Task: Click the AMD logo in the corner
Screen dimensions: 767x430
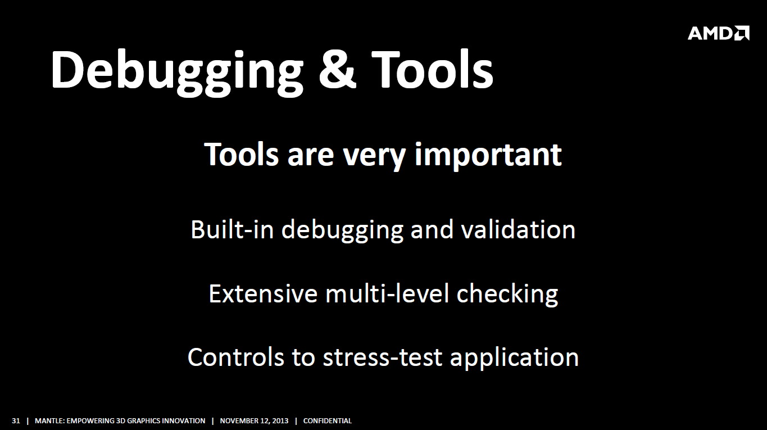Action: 718,33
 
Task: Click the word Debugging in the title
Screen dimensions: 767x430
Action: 177,73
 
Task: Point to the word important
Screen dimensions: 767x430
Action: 488,156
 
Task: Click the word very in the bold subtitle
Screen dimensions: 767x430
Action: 374,157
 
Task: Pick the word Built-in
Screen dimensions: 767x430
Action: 232,229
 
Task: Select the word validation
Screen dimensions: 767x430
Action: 518,229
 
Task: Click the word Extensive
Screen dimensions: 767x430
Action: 263,293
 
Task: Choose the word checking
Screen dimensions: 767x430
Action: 507,295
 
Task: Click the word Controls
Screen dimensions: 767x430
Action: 236,357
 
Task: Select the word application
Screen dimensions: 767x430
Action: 514,359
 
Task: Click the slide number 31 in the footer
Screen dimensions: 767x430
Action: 16,421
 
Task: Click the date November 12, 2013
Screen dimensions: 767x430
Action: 254,421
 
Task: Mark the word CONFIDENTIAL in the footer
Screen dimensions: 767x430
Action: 328,421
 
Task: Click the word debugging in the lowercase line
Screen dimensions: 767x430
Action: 342,230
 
